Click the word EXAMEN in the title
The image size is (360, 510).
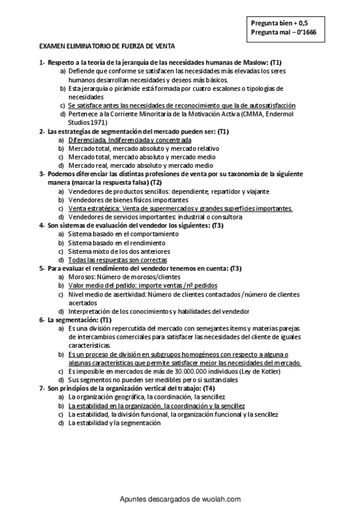click(x=51, y=45)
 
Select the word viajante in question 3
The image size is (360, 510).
click(x=257, y=191)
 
